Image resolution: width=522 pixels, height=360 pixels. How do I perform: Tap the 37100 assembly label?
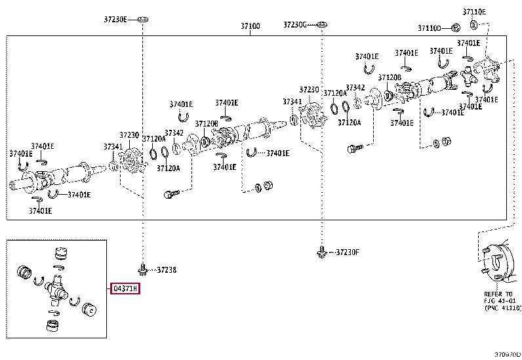tap(250, 26)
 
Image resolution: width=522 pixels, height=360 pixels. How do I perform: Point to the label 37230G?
tap(295, 24)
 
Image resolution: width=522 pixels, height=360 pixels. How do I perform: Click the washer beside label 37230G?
tap(321, 25)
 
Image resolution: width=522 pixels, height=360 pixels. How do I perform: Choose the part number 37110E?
tap(474, 11)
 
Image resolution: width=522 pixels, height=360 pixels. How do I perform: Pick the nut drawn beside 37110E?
tap(473, 25)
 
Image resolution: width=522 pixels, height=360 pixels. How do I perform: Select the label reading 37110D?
tap(431, 28)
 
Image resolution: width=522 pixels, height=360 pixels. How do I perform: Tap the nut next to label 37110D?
tap(455, 28)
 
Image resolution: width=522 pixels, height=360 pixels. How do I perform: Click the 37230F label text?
tap(348, 252)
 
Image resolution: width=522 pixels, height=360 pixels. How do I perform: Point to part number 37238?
tap(167, 270)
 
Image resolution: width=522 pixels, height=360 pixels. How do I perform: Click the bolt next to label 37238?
tap(143, 268)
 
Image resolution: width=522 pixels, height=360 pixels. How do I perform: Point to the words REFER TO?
tap(498, 294)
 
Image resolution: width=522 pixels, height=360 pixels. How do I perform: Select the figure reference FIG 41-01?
tap(499, 301)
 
